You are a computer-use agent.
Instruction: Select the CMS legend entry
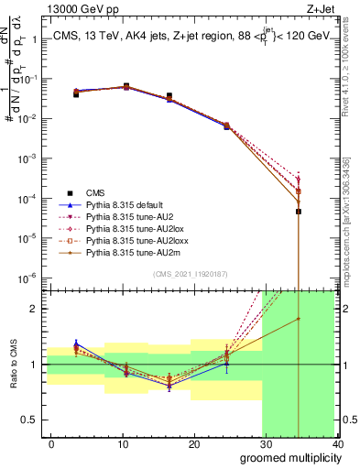pyautogui.click(x=95, y=192)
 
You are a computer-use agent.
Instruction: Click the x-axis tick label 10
pyautogui.click(x=121, y=445)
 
